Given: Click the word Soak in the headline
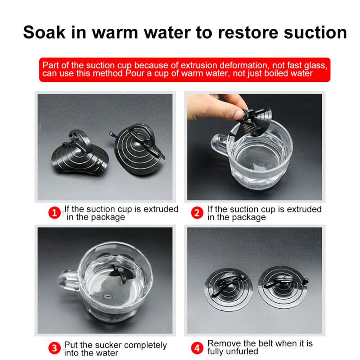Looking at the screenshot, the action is [x=44, y=32].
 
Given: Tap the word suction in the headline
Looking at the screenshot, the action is [x=315, y=32].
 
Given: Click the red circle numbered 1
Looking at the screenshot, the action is [x=54, y=213].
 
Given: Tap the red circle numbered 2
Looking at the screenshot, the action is [x=197, y=213].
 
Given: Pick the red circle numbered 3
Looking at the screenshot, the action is [x=54, y=348].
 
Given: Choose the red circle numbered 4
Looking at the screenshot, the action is [x=197, y=348].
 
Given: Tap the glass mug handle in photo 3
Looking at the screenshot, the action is [x=68, y=281].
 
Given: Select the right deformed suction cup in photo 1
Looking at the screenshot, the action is [x=138, y=149].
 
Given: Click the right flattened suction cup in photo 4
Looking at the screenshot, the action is [x=283, y=287].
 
